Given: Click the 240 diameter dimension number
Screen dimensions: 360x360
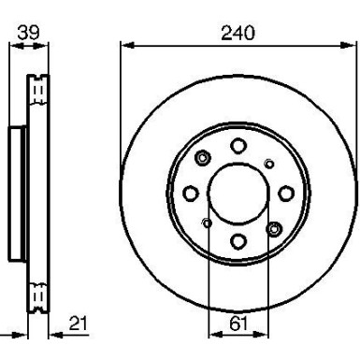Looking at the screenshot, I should coord(238,32).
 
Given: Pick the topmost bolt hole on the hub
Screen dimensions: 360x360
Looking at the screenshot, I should coord(238,145).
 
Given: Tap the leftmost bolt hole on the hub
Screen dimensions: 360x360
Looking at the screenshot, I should coord(190,193).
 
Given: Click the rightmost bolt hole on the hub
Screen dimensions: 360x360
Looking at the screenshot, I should coord(285,193).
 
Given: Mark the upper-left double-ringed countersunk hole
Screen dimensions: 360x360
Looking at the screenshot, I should coord(203,158).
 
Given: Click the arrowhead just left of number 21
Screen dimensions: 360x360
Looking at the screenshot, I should coord(53,335).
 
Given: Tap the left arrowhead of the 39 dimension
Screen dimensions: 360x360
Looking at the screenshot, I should coord(12,44).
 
